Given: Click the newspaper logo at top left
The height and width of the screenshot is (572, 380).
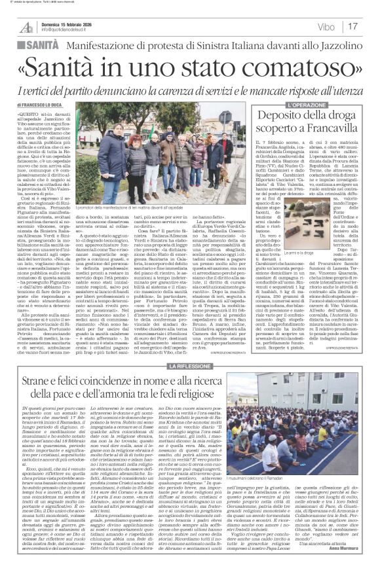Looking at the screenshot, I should tap(26, 26).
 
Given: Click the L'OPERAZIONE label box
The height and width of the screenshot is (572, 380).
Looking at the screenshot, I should tap(304, 105).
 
